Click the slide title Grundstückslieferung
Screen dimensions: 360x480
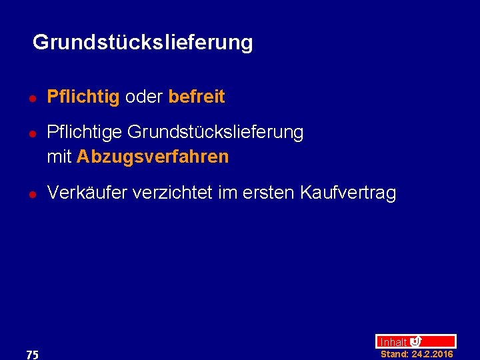point(143,43)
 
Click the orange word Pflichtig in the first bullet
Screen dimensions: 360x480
point(83,97)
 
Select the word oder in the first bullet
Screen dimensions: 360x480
point(144,97)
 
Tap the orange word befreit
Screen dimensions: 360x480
point(197,97)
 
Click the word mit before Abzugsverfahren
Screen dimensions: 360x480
point(59,157)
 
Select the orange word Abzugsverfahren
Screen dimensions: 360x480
point(153,157)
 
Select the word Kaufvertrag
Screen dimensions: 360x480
point(348,193)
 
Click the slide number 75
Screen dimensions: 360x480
point(32,355)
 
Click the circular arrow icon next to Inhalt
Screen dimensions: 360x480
point(415,341)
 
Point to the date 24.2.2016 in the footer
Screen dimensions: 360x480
point(432,354)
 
